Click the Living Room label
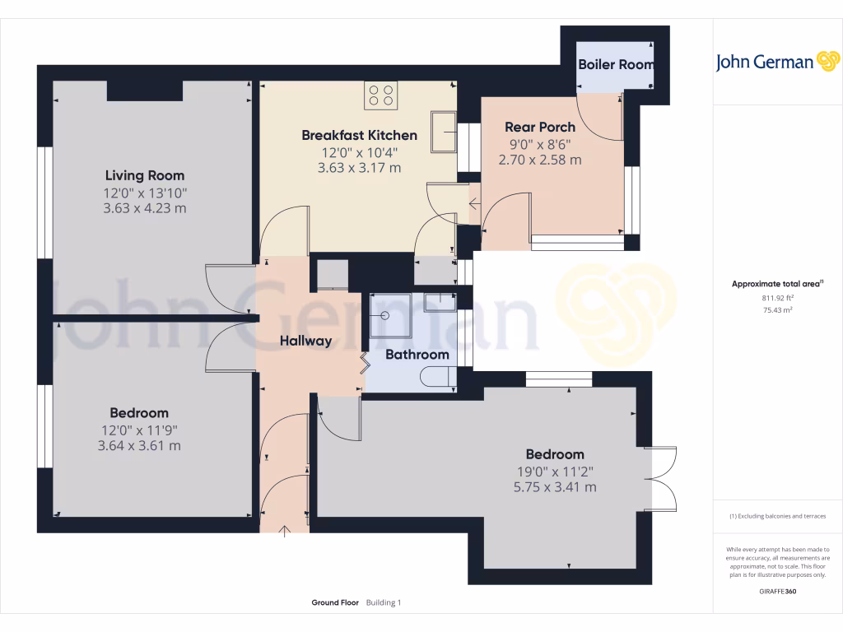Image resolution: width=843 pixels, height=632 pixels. [144, 175]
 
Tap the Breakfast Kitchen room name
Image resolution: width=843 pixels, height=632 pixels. [359, 135]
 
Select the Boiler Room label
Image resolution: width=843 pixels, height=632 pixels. [615, 64]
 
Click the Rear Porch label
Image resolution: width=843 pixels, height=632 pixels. [540, 127]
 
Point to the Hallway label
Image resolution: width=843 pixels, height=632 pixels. [305, 341]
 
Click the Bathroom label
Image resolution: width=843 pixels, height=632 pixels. [417, 355]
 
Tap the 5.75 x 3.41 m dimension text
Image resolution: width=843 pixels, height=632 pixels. [555, 487]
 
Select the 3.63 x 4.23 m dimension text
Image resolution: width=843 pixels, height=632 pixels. [144, 208]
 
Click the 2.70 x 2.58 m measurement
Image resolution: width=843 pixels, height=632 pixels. [540, 160]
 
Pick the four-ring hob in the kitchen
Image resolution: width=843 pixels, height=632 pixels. [381, 95]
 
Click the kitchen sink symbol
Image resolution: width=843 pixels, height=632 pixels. [445, 133]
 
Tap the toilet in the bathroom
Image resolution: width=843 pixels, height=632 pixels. [436, 378]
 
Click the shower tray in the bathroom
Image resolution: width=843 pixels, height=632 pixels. [389, 317]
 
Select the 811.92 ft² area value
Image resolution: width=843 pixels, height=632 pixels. [777, 298]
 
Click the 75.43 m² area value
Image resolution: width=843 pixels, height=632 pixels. [777, 310]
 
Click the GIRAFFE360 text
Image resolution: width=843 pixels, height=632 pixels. [778, 592]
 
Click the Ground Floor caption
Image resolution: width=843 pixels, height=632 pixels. [334, 603]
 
